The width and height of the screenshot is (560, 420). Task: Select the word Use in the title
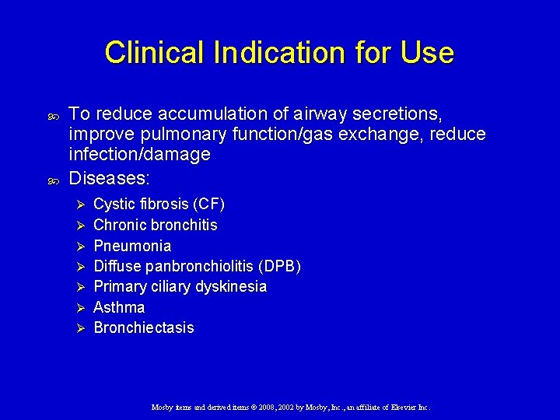click(x=427, y=53)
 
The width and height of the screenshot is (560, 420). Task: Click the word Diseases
click(x=109, y=178)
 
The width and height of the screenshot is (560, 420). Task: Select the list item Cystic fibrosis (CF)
click(x=159, y=205)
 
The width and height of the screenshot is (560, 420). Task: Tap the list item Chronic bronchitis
click(x=155, y=226)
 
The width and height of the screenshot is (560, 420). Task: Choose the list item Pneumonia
click(x=132, y=246)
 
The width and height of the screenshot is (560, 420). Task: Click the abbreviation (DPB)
click(x=282, y=266)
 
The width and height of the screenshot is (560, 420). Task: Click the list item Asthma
click(x=119, y=307)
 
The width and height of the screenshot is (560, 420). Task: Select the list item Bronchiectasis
click(x=144, y=327)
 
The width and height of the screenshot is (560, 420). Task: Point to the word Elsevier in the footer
click(x=401, y=407)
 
